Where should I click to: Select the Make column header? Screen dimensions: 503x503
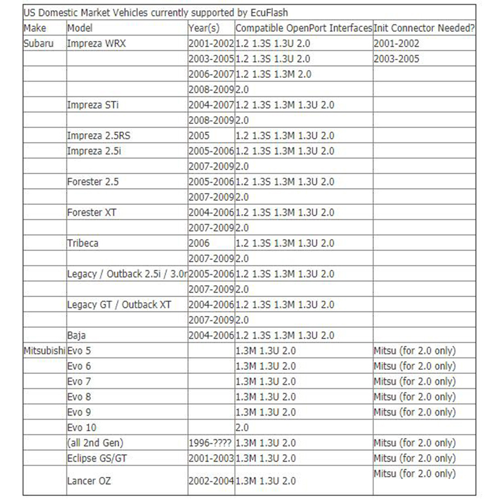point(35,28)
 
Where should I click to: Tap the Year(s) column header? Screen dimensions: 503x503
point(204,28)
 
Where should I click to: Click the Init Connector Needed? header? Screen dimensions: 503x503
point(424,28)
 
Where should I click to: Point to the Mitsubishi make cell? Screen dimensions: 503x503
point(45,351)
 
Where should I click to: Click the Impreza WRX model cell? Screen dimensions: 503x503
point(97,44)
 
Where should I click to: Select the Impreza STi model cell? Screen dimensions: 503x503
point(93,105)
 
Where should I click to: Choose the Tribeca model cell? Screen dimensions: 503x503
point(83,243)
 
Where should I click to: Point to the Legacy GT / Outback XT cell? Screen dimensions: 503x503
point(119,305)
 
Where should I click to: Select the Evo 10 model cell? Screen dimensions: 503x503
point(82,428)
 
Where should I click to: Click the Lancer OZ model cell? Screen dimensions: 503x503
point(89,481)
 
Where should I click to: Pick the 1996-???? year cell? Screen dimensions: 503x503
point(211,443)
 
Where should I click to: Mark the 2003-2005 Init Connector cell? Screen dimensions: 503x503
point(397,59)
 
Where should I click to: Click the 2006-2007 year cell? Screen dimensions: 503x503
point(211,74)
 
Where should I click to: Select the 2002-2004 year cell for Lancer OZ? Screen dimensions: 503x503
point(211,481)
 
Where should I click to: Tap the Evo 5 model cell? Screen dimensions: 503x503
point(79,351)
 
